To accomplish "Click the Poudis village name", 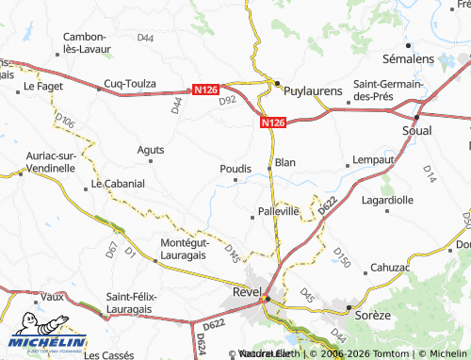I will tap(235, 169).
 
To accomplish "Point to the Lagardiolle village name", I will tap(387, 200).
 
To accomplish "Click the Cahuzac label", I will tap(390, 268).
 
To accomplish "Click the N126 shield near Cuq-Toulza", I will tap(205, 90).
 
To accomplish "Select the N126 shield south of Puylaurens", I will tap(271, 122).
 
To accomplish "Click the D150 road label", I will tap(341, 257).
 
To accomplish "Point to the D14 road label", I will tap(429, 173).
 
